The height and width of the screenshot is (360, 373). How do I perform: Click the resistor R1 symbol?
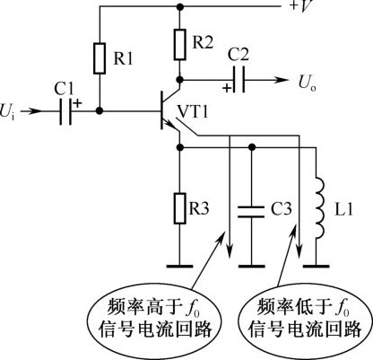(100, 58)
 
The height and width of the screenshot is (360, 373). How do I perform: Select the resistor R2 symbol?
(179, 44)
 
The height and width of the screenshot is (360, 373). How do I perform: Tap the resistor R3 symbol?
(179, 208)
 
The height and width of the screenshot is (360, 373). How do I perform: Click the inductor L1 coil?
(318, 208)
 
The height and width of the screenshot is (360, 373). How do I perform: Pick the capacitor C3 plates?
(251, 212)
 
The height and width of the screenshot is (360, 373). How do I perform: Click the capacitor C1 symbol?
(65, 111)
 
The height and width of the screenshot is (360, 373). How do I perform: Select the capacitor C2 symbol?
(239, 80)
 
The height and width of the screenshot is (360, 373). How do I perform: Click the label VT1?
(193, 111)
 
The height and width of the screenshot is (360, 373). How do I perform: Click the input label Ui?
(7, 112)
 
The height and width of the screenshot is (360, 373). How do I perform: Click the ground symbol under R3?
(179, 266)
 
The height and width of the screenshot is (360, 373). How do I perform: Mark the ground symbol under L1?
(317, 266)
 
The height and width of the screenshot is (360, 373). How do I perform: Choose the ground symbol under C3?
(251, 266)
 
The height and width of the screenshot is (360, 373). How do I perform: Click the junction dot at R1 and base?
(100, 110)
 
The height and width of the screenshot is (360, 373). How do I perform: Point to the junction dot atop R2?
(179, 6)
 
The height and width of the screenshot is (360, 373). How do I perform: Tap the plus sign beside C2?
(227, 88)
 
